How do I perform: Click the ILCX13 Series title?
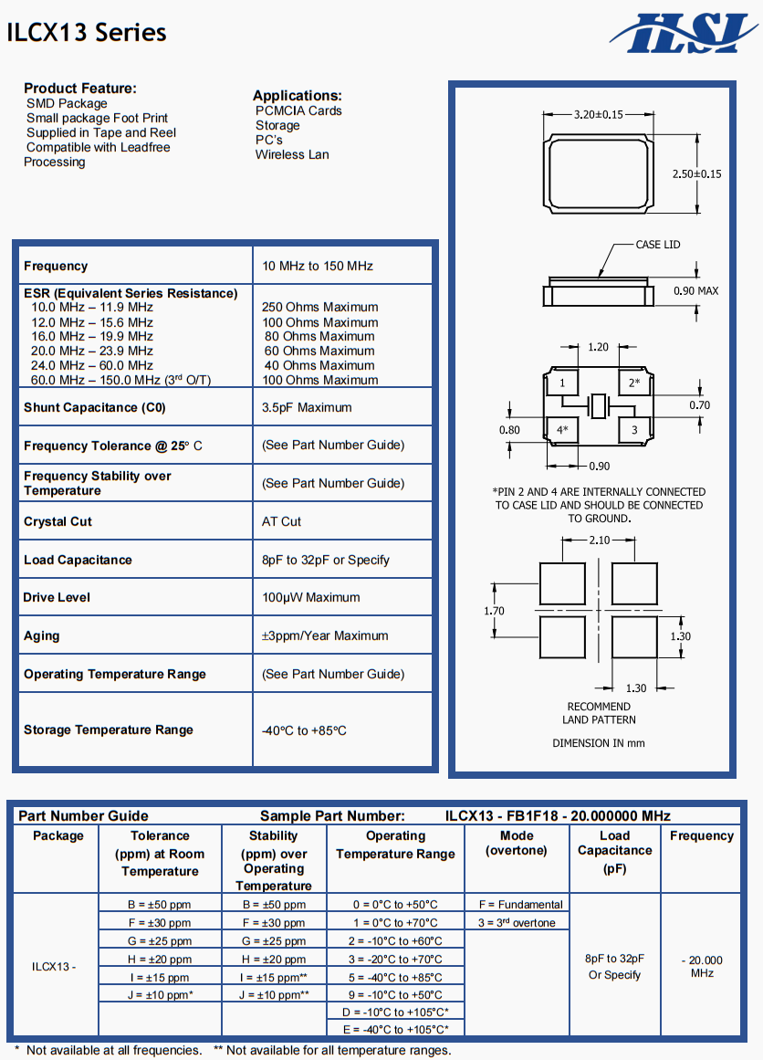click(x=87, y=33)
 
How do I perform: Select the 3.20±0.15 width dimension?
click(x=598, y=114)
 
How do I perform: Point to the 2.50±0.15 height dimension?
click(x=696, y=173)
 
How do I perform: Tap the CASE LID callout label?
click(x=658, y=245)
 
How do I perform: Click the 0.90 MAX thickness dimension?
click(x=695, y=291)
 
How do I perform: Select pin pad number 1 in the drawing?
click(x=563, y=383)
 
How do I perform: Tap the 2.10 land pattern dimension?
click(x=599, y=540)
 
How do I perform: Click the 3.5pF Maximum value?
click(x=307, y=407)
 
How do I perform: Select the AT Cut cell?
click(x=281, y=521)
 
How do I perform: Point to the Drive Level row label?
click(x=57, y=597)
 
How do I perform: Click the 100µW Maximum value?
click(x=310, y=597)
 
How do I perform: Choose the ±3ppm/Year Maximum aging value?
click(x=325, y=635)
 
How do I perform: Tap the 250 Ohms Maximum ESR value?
click(x=319, y=308)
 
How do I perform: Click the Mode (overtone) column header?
click(x=517, y=843)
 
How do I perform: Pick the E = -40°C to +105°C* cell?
click(x=395, y=1029)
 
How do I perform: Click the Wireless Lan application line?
click(x=292, y=154)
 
